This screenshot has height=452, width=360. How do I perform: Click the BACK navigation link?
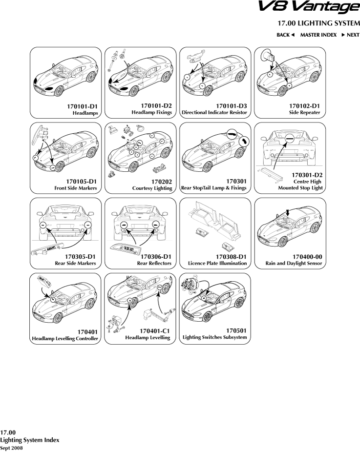286,35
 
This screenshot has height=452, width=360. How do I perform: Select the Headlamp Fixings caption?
151,112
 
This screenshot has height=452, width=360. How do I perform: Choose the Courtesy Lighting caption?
152,188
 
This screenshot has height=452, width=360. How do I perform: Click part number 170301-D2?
307,174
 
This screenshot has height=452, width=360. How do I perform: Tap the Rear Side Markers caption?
75,263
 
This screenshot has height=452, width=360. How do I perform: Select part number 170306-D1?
155,256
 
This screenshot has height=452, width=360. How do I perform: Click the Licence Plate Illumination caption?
217,263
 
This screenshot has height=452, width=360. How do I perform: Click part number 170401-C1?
154,331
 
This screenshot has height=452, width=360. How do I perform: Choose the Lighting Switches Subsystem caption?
215,337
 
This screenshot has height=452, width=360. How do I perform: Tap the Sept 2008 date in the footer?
11,447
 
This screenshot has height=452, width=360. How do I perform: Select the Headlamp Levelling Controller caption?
65,338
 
